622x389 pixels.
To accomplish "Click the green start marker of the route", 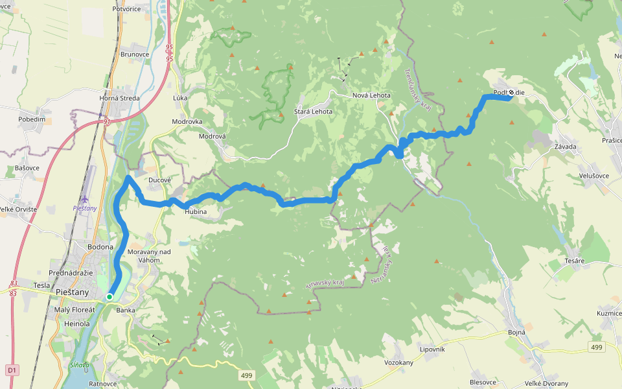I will (109, 297).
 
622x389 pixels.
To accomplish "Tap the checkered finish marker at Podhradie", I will (512, 93).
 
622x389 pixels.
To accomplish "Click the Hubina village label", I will (195, 211).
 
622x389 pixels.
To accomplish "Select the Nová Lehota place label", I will (371, 95).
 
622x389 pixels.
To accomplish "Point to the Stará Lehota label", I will (313, 112).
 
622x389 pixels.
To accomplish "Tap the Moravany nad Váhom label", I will (149, 255).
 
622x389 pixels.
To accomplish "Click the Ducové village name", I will (159, 180).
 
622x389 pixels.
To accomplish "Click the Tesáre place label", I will (574, 261).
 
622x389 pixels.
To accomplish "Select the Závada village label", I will (565, 147).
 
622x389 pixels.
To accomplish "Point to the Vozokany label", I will (398, 362).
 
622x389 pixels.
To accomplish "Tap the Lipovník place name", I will (432, 349).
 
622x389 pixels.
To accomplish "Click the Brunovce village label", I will (135, 55).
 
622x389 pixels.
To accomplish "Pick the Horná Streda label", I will (119, 99).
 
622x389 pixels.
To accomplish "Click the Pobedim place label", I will (32, 119).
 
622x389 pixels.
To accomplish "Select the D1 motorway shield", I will (11, 370).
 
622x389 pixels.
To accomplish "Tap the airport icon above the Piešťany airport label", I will (86, 198).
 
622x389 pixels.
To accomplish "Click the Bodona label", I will (100, 247).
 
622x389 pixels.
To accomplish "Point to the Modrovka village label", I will (187, 122).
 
